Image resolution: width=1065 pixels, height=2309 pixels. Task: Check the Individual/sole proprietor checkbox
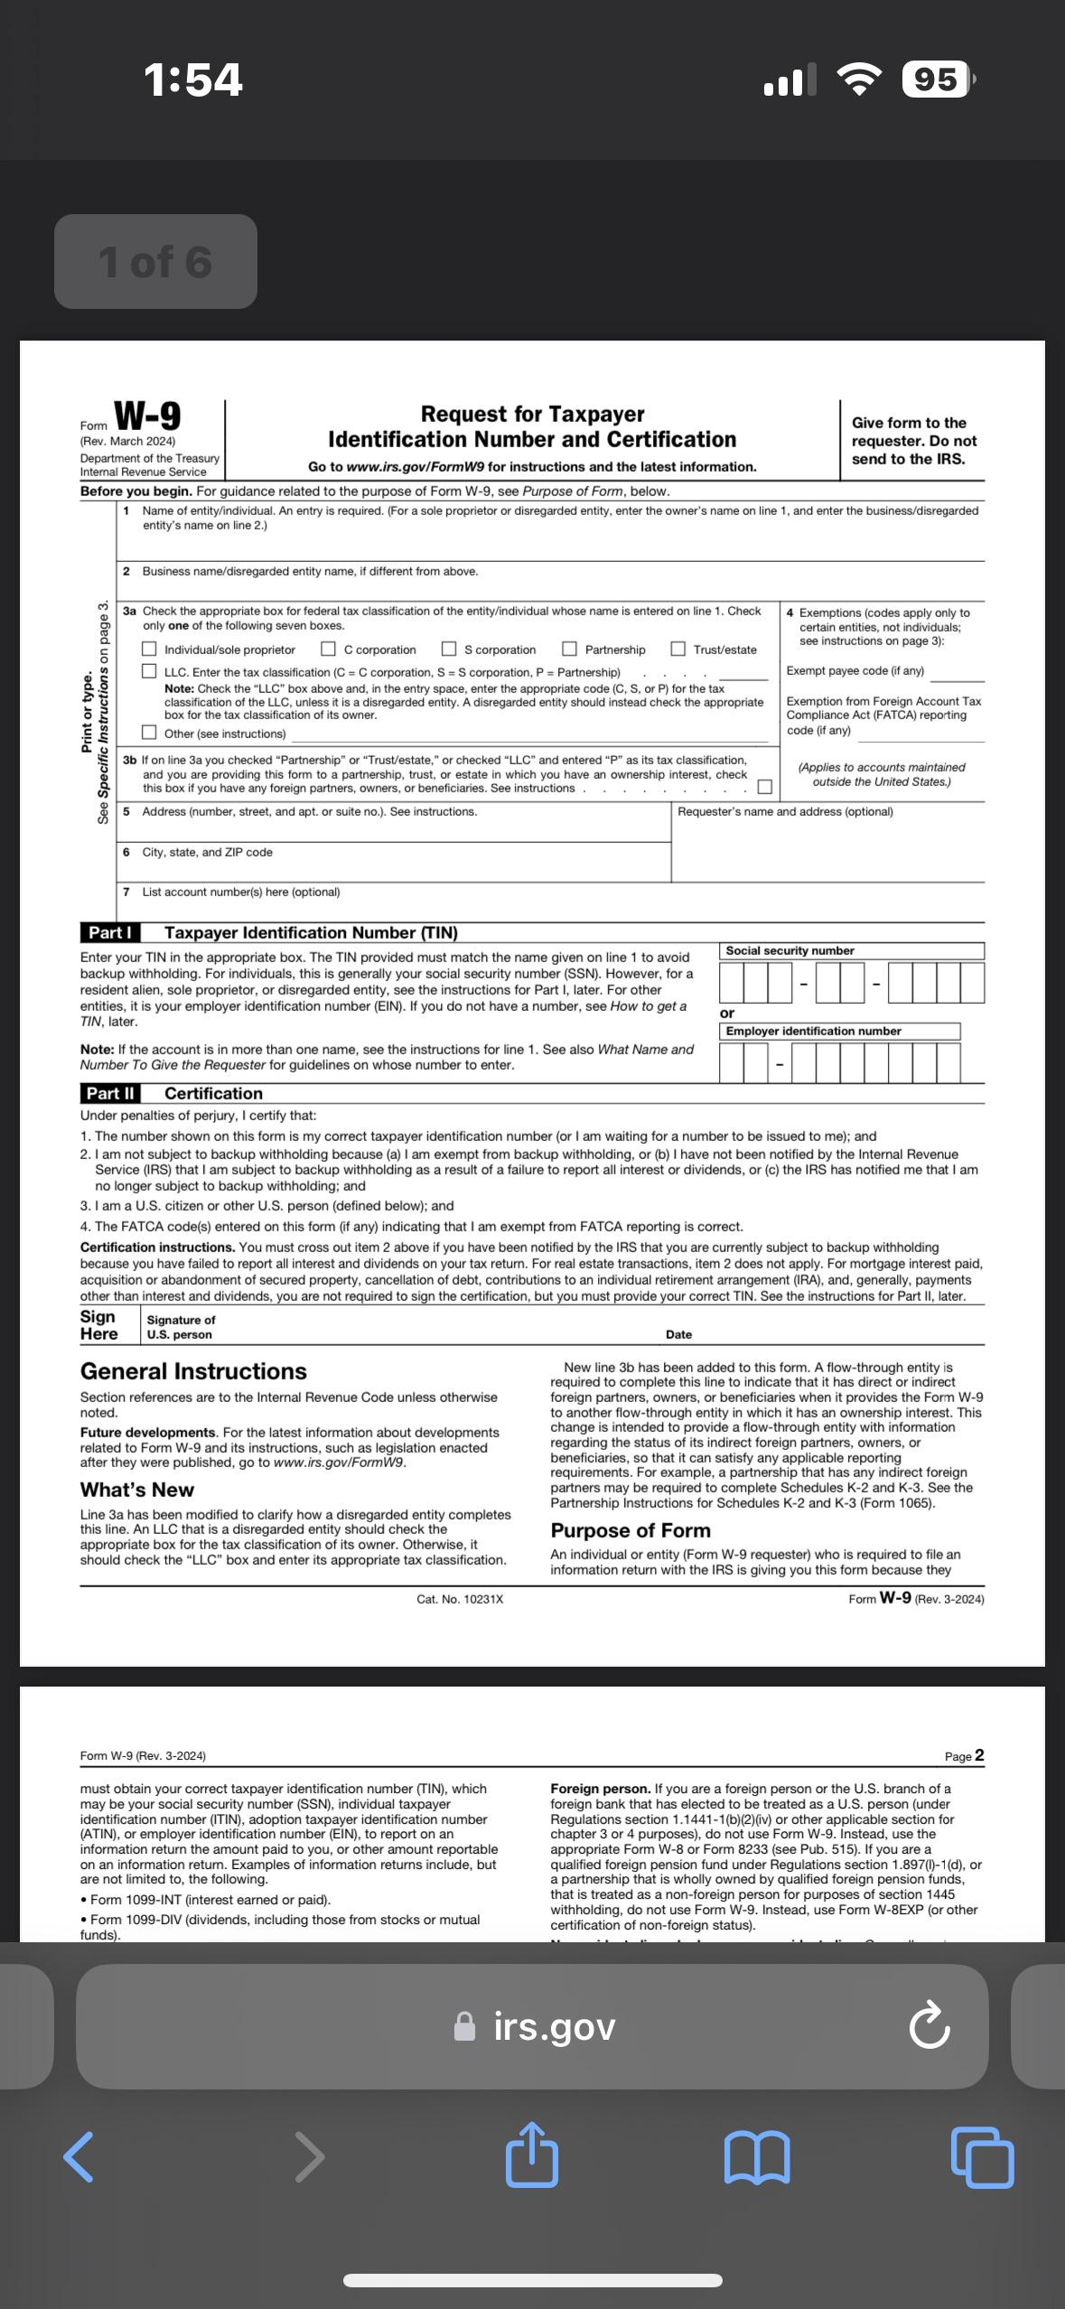[149, 650]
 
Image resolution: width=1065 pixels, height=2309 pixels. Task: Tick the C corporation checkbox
[329, 650]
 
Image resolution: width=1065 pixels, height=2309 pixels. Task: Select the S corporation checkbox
[449, 650]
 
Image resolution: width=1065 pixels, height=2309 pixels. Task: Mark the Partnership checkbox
[570, 650]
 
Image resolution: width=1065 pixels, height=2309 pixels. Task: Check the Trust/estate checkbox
[678, 650]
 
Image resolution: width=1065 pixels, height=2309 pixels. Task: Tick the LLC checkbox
[149, 672]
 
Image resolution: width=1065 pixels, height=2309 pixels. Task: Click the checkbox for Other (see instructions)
[149, 733]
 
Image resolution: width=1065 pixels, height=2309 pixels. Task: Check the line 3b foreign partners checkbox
[764, 787]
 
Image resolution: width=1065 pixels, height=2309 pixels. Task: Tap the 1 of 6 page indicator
[155, 262]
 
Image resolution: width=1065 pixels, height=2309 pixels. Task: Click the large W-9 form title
[147, 416]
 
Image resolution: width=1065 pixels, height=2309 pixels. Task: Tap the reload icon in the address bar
[930, 2026]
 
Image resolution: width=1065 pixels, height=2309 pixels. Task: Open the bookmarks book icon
[757, 2157]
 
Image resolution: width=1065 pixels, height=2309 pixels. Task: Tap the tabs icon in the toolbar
[983, 2157]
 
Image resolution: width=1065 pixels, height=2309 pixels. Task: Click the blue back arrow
[79, 2157]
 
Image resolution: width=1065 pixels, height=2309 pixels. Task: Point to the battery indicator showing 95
[937, 80]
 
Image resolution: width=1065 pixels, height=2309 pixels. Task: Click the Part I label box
[110, 932]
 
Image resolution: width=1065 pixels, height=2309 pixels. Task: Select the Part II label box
[110, 1093]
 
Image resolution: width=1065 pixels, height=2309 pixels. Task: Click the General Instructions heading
[193, 1371]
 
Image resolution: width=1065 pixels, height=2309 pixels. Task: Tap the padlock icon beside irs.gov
[464, 2026]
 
